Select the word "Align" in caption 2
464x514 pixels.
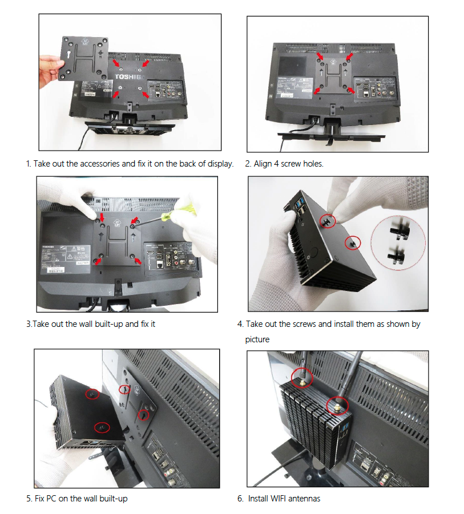(x=264, y=164)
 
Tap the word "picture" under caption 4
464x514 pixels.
(x=257, y=339)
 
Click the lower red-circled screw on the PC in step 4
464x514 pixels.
(x=353, y=242)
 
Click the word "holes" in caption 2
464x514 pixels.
(x=312, y=164)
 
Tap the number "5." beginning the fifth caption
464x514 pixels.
(x=29, y=499)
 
